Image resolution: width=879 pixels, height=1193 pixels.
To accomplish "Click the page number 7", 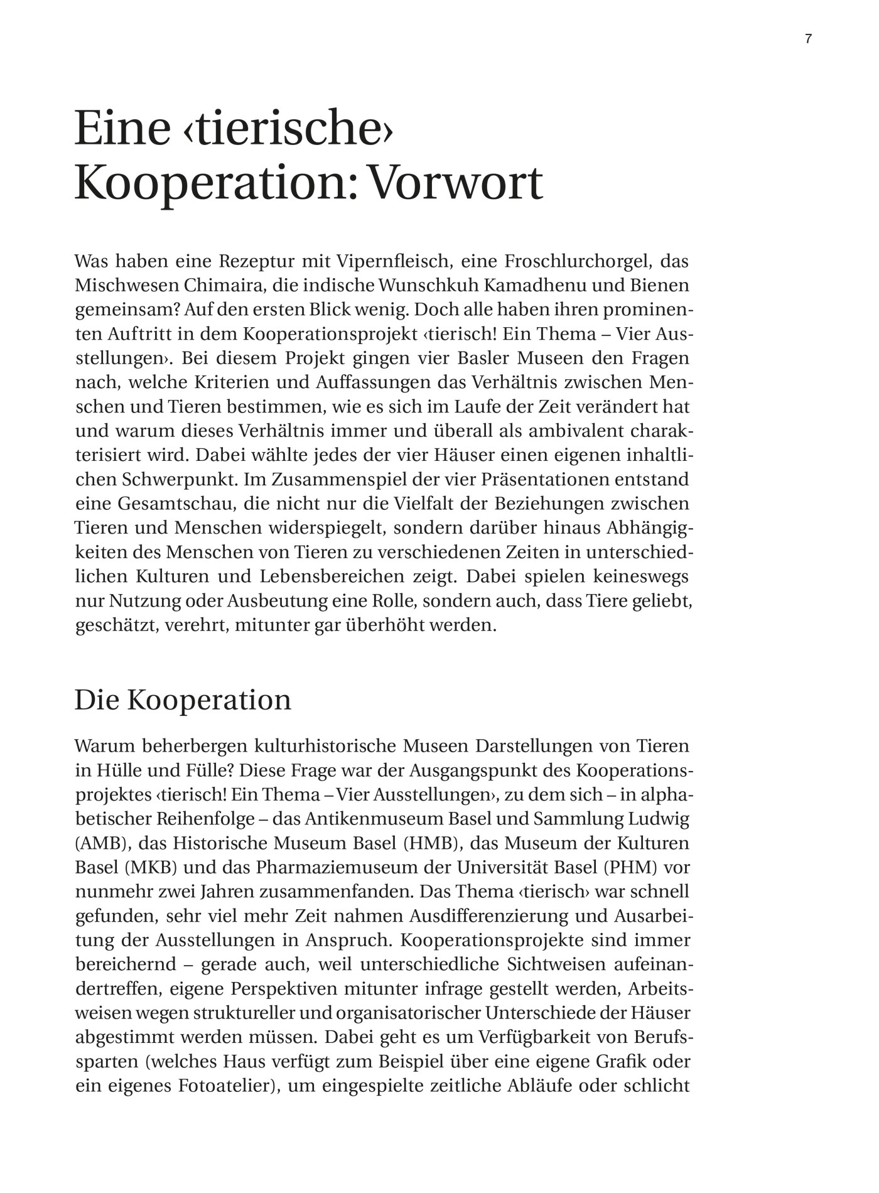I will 808,39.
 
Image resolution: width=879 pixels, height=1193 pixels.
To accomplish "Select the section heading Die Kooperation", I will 183,700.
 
